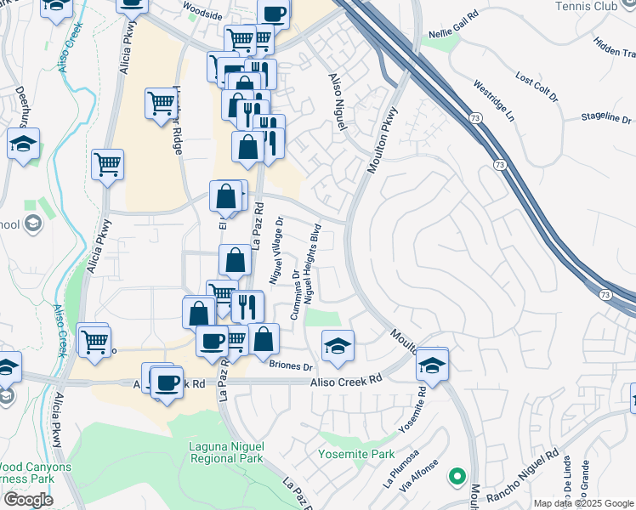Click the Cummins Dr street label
click(x=295, y=297)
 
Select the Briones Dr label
click(x=292, y=366)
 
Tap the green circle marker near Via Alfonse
click(x=457, y=476)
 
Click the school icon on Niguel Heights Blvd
click(x=338, y=345)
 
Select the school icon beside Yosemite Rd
click(x=432, y=363)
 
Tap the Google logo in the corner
click(x=28, y=500)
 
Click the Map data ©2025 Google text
click(x=582, y=503)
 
